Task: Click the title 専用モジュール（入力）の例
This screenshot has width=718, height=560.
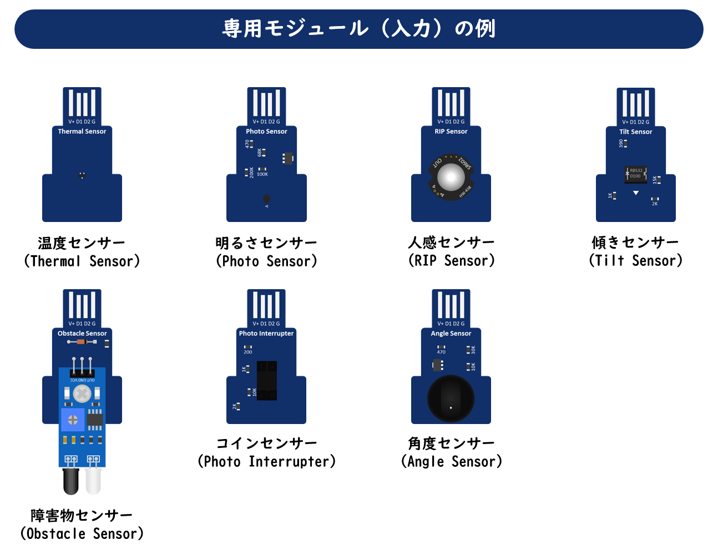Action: pos(358,28)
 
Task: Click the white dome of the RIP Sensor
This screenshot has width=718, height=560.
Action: pos(451,178)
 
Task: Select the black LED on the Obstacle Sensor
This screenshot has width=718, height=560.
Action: pos(71,481)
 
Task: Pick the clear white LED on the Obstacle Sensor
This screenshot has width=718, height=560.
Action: pos(93,481)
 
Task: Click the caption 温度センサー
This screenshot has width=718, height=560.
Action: pos(82,243)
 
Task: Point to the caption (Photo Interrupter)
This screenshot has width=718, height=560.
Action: pos(267,461)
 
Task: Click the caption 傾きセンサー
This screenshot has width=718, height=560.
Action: pos(635,243)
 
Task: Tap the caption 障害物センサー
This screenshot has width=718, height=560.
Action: pos(82,516)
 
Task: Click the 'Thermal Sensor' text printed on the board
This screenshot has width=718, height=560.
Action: pos(82,132)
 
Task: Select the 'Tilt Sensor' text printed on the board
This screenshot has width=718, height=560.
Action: pos(635,132)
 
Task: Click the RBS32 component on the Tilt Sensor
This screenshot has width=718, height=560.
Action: pos(636,174)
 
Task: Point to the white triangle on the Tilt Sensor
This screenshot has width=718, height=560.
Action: pos(636,193)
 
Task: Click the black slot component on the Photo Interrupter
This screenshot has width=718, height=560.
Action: pos(267,380)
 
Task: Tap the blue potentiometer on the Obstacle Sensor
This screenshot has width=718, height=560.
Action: pos(73,420)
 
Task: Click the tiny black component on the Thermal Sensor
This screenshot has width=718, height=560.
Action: pos(82,175)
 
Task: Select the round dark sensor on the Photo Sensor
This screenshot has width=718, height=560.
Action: pos(266,199)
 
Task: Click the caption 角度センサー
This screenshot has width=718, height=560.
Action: pos(451,443)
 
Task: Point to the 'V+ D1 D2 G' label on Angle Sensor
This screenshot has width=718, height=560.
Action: pos(451,324)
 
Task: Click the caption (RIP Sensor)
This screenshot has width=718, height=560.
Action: pos(451,260)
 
